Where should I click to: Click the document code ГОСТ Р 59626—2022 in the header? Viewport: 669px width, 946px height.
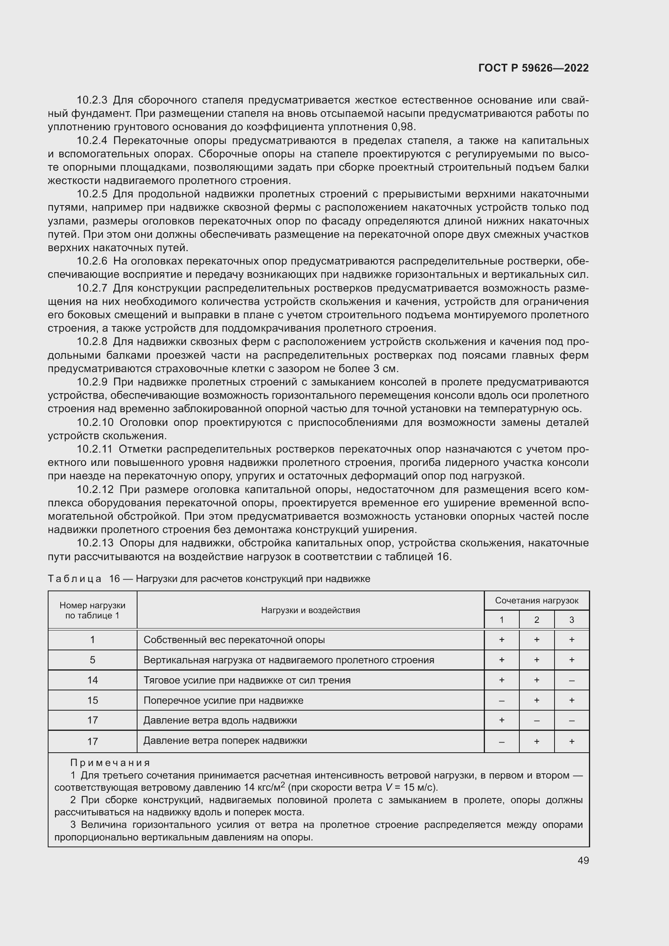click(x=533, y=68)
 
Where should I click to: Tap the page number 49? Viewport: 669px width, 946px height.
click(x=583, y=860)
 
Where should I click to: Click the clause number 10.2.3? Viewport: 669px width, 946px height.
click(x=92, y=100)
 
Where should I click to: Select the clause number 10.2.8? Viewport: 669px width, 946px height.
click(x=92, y=342)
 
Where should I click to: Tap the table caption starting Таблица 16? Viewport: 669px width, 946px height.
click(x=209, y=579)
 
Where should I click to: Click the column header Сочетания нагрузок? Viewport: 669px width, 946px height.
click(x=536, y=601)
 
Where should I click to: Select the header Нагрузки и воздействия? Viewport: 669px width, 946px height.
click(x=310, y=610)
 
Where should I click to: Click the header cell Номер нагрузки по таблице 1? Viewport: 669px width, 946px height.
click(x=92, y=610)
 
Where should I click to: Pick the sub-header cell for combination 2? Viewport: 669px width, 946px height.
click(x=536, y=620)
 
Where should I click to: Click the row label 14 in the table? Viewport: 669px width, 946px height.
click(x=92, y=680)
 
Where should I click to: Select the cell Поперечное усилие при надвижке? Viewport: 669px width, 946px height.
click(x=223, y=701)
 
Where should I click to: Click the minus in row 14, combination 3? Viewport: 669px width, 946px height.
click(x=572, y=681)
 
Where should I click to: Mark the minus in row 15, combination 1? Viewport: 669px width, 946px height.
click(x=501, y=701)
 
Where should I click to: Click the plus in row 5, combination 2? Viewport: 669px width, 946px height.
click(x=536, y=660)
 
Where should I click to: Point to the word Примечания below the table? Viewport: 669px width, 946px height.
click(x=110, y=763)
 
